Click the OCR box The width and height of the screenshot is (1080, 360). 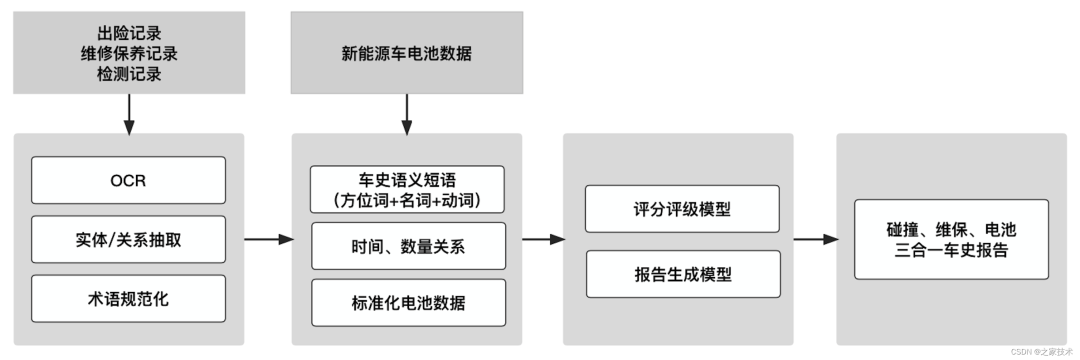click(128, 181)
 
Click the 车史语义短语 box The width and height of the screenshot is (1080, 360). click(407, 189)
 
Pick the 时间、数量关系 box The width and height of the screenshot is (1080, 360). click(407, 246)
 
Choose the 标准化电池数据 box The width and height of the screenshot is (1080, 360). click(407, 302)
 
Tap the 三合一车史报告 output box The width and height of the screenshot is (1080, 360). click(951, 239)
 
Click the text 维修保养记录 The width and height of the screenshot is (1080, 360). click(128, 54)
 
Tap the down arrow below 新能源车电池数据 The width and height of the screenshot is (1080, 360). click(406, 117)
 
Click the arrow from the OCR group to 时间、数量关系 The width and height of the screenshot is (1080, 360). click(267, 239)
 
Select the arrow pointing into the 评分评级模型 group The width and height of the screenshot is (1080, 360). click(543, 239)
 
